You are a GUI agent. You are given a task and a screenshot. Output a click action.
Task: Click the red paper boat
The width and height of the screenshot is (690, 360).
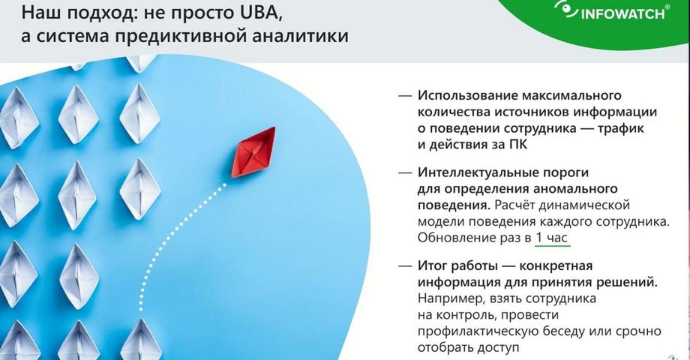point(254,152)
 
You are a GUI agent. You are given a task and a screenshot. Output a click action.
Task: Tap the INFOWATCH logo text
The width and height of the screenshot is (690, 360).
point(622,13)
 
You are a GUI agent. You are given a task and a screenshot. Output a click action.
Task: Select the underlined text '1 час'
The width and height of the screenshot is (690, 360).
point(552,238)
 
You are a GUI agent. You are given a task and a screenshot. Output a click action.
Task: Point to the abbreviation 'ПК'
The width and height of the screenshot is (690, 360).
point(517,144)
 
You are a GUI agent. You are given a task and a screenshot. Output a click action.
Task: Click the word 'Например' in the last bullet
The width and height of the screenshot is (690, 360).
point(445,298)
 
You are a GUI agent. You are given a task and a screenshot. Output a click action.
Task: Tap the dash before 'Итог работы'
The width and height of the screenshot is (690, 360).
point(405,265)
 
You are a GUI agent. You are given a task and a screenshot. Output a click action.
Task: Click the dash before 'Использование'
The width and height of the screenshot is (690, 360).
point(405,95)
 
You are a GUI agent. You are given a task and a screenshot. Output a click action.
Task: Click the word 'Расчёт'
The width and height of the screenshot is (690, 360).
point(514,205)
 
